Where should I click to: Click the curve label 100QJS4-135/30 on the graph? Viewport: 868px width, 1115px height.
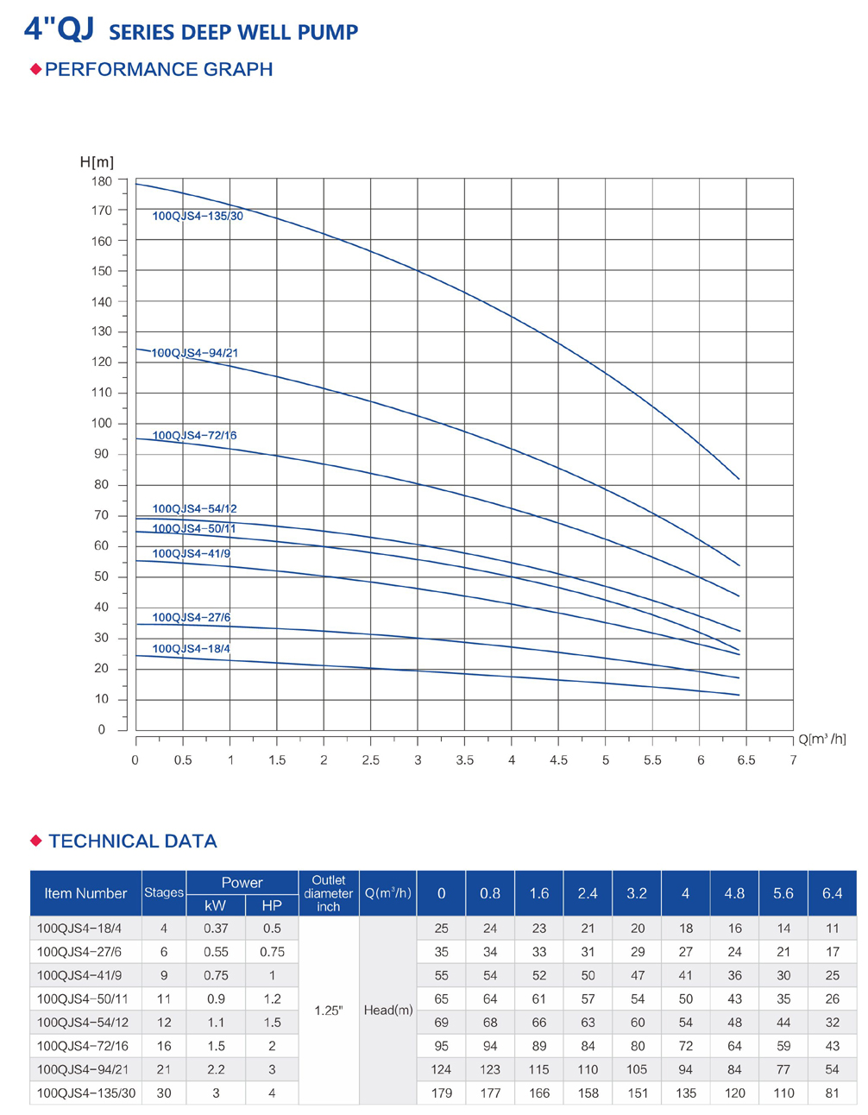pyautogui.click(x=198, y=216)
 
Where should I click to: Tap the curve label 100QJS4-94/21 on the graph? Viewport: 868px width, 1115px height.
pyautogui.click(x=195, y=353)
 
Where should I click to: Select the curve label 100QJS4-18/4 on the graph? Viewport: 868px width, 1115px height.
pyautogui.click(x=192, y=649)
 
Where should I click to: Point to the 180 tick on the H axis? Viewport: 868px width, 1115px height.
pyautogui.click(x=102, y=181)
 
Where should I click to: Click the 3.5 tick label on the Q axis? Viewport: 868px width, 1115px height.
pyautogui.click(x=464, y=760)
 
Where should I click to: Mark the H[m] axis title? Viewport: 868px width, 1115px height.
pyautogui.click(x=97, y=162)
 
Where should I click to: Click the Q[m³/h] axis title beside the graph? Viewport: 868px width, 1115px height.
pyautogui.click(x=821, y=739)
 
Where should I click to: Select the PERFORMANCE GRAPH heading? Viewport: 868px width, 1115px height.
pyautogui.click(x=159, y=70)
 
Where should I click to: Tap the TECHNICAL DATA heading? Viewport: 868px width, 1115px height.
pyautogui.click(x=133, y=841)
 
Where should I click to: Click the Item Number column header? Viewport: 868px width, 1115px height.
pyautogui.click(x=85, y=893)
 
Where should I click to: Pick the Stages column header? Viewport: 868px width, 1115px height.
pyautogui.click(x=164, y=893)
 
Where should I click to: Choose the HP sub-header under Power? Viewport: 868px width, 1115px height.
pyautogui.click(x=272, y=905)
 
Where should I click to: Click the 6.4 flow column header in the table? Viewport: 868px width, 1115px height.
pyautogui.click(x=832, y=893)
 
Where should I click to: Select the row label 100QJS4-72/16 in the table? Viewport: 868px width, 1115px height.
pyautogui.click(x=83, y=1046)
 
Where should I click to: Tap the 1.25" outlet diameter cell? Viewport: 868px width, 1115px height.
pyautogui.click(x=329, y=1011)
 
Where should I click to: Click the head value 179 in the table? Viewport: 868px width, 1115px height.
pyautogui.click(x=441, y=1093)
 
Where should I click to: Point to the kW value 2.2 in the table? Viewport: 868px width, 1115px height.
pyautogui.click(x=216, y=1069)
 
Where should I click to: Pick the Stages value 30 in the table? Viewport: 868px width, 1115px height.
pyautogui.click(x=164, y=1093)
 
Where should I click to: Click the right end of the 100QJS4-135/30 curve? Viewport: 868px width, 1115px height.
pyautogui.click(x=739, y=479)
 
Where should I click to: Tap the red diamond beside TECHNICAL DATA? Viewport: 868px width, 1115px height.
pyautogui.click(x=35, y=841)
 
